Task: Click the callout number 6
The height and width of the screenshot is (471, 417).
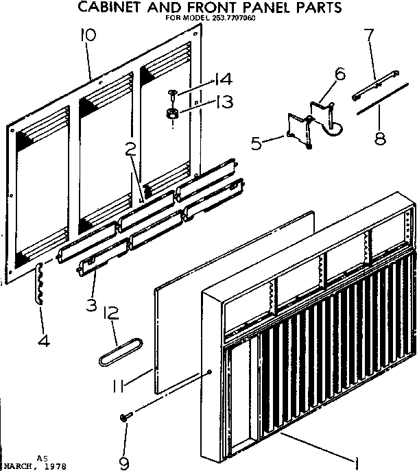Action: click(340, 73)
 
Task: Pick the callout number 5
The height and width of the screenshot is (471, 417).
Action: click(257, 144)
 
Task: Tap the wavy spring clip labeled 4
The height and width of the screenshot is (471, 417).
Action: click(39, 283)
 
